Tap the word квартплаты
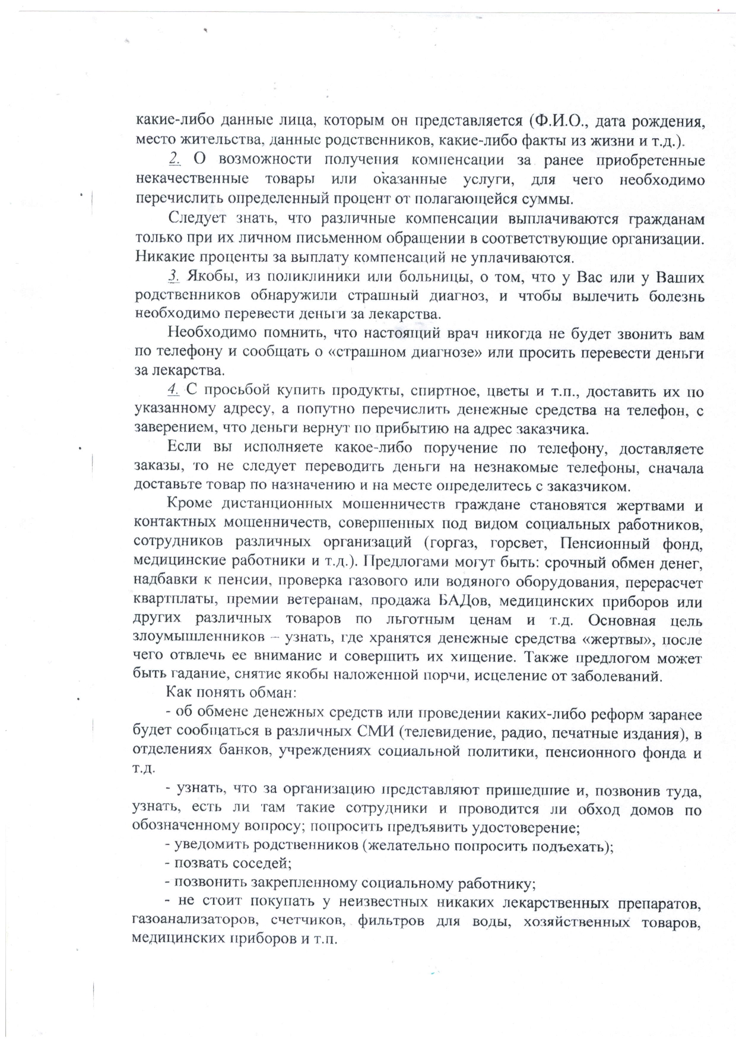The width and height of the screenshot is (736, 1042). coord(167,601)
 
